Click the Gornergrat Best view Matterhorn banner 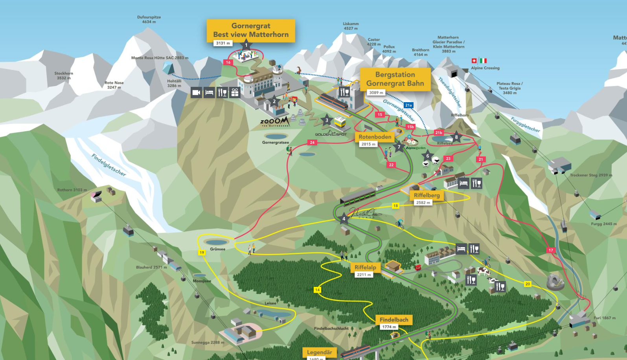tap(251, 30)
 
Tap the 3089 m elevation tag tap(376, 93)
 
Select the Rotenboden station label tap(375, 137)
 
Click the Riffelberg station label tap(427, 195)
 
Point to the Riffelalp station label tap(365, 267)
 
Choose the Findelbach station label tap(393, 320)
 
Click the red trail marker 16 tap(228, 62)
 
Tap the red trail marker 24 tap(312, 143)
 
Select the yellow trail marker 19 tap(202, 253)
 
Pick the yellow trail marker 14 tap(317, 290)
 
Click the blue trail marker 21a tap(408, 105)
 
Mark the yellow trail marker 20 tap(528, 284)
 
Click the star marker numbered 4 tap(344, 219)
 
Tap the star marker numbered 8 tap(456, 137)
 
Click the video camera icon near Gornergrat tap(196, 93)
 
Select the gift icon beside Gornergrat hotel tap(235, 93)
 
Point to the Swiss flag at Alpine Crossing tap(474, 61)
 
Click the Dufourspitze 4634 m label tap(149, 20)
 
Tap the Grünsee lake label tap(218, 249)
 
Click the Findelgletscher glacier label tap(109, 165)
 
